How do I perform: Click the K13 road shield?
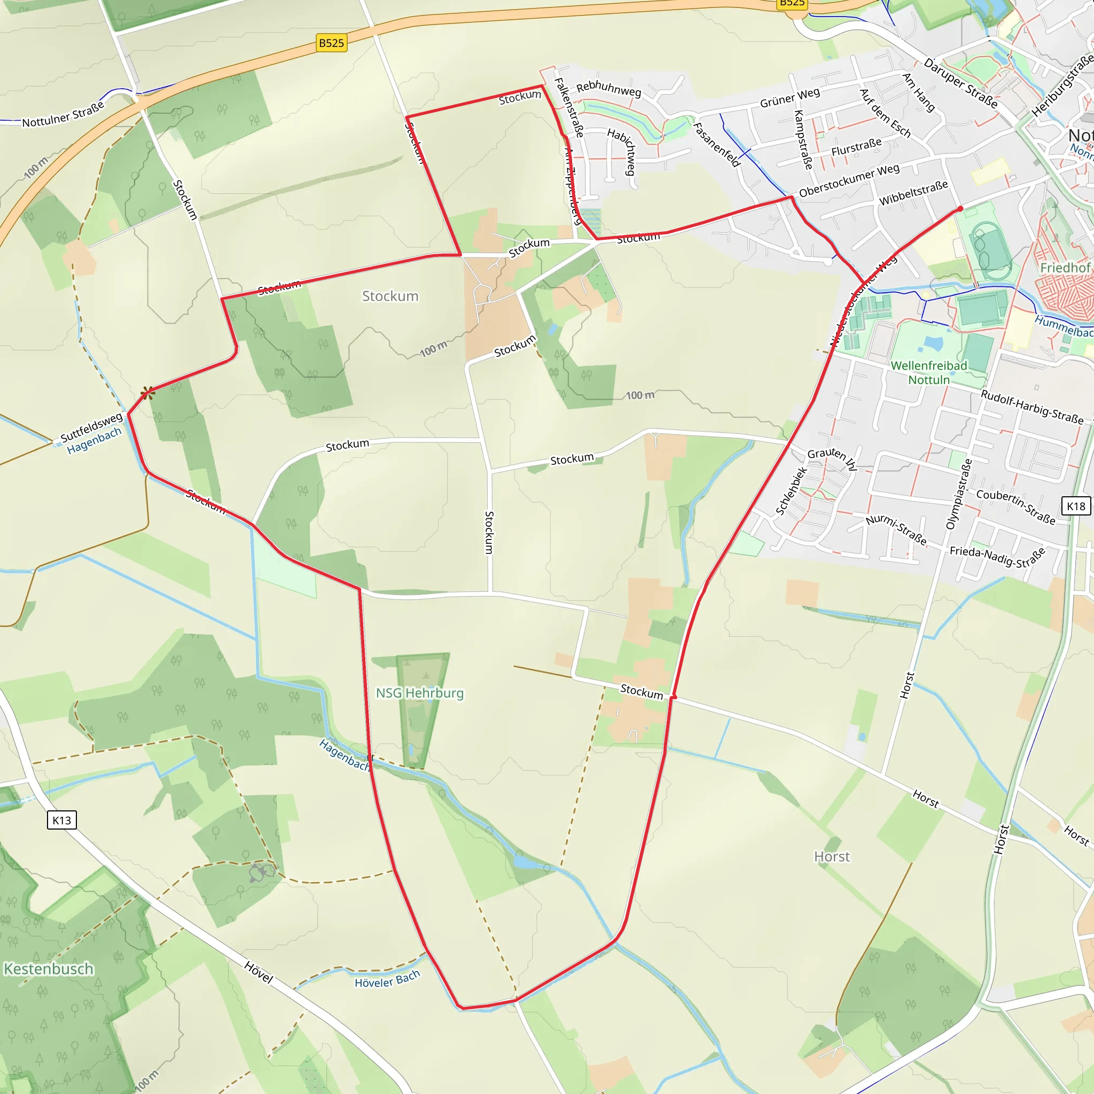[62, 820]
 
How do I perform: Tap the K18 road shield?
[1076, 506]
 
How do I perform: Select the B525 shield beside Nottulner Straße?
[331, 43]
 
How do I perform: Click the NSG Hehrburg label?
[419, 693]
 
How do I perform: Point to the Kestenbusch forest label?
[49, 969]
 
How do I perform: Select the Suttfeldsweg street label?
[91, 427]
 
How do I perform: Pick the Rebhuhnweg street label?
[609, 89]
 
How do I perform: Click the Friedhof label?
[1065, 267]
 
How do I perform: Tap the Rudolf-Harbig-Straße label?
[1032, 407]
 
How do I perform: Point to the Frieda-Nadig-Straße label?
[997, 557]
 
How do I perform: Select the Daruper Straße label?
[960, 83]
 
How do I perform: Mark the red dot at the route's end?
[960, 209]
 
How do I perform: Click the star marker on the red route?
[148, 393]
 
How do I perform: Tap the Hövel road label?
[259, 972]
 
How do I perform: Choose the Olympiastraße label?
[959, 494]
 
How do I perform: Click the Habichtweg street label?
[622, 151]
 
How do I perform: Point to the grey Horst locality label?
[832, 857]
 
